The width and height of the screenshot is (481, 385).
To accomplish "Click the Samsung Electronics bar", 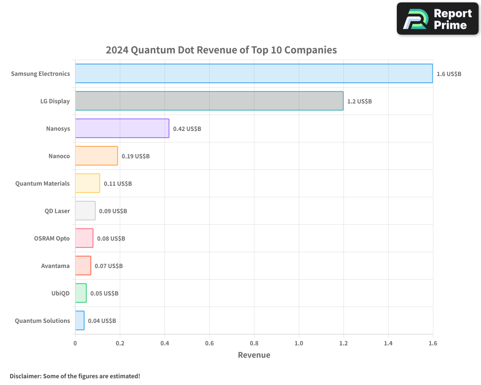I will coord(253,74).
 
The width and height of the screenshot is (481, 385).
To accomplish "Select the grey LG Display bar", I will coord(209,101).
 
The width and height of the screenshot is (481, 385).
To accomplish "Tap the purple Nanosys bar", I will coord(122,128).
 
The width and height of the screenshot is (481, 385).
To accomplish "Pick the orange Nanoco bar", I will coord(96,156).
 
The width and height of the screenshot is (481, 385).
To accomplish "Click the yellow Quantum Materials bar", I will coord(88,183).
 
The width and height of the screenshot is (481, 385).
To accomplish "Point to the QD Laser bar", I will coord(85,211).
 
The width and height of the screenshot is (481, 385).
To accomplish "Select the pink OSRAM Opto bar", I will coord(84,238).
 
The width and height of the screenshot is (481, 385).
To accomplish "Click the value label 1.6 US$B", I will coord(449,74).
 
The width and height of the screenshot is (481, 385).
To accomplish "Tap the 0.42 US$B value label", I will coord(187,129).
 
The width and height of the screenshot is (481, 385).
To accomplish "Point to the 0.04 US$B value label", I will coord(101,321).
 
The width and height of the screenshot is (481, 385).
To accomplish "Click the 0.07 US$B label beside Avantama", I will coord(108,266).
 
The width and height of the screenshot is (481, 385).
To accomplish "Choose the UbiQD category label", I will coord(61,294).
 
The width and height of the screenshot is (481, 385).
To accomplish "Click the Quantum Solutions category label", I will coord(42,321).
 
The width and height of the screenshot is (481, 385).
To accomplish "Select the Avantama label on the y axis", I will coord(55,266).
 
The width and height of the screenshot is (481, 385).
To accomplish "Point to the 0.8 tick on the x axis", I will coord(254,344).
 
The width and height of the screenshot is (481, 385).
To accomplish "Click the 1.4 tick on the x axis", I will coord(388,344).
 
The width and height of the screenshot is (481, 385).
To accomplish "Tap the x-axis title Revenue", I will coord(254,355).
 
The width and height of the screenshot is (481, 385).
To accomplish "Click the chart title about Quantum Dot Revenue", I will coord(221,50).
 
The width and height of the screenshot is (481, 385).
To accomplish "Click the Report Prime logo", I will coord(438,19).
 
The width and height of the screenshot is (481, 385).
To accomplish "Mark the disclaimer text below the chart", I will coord(75,376).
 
